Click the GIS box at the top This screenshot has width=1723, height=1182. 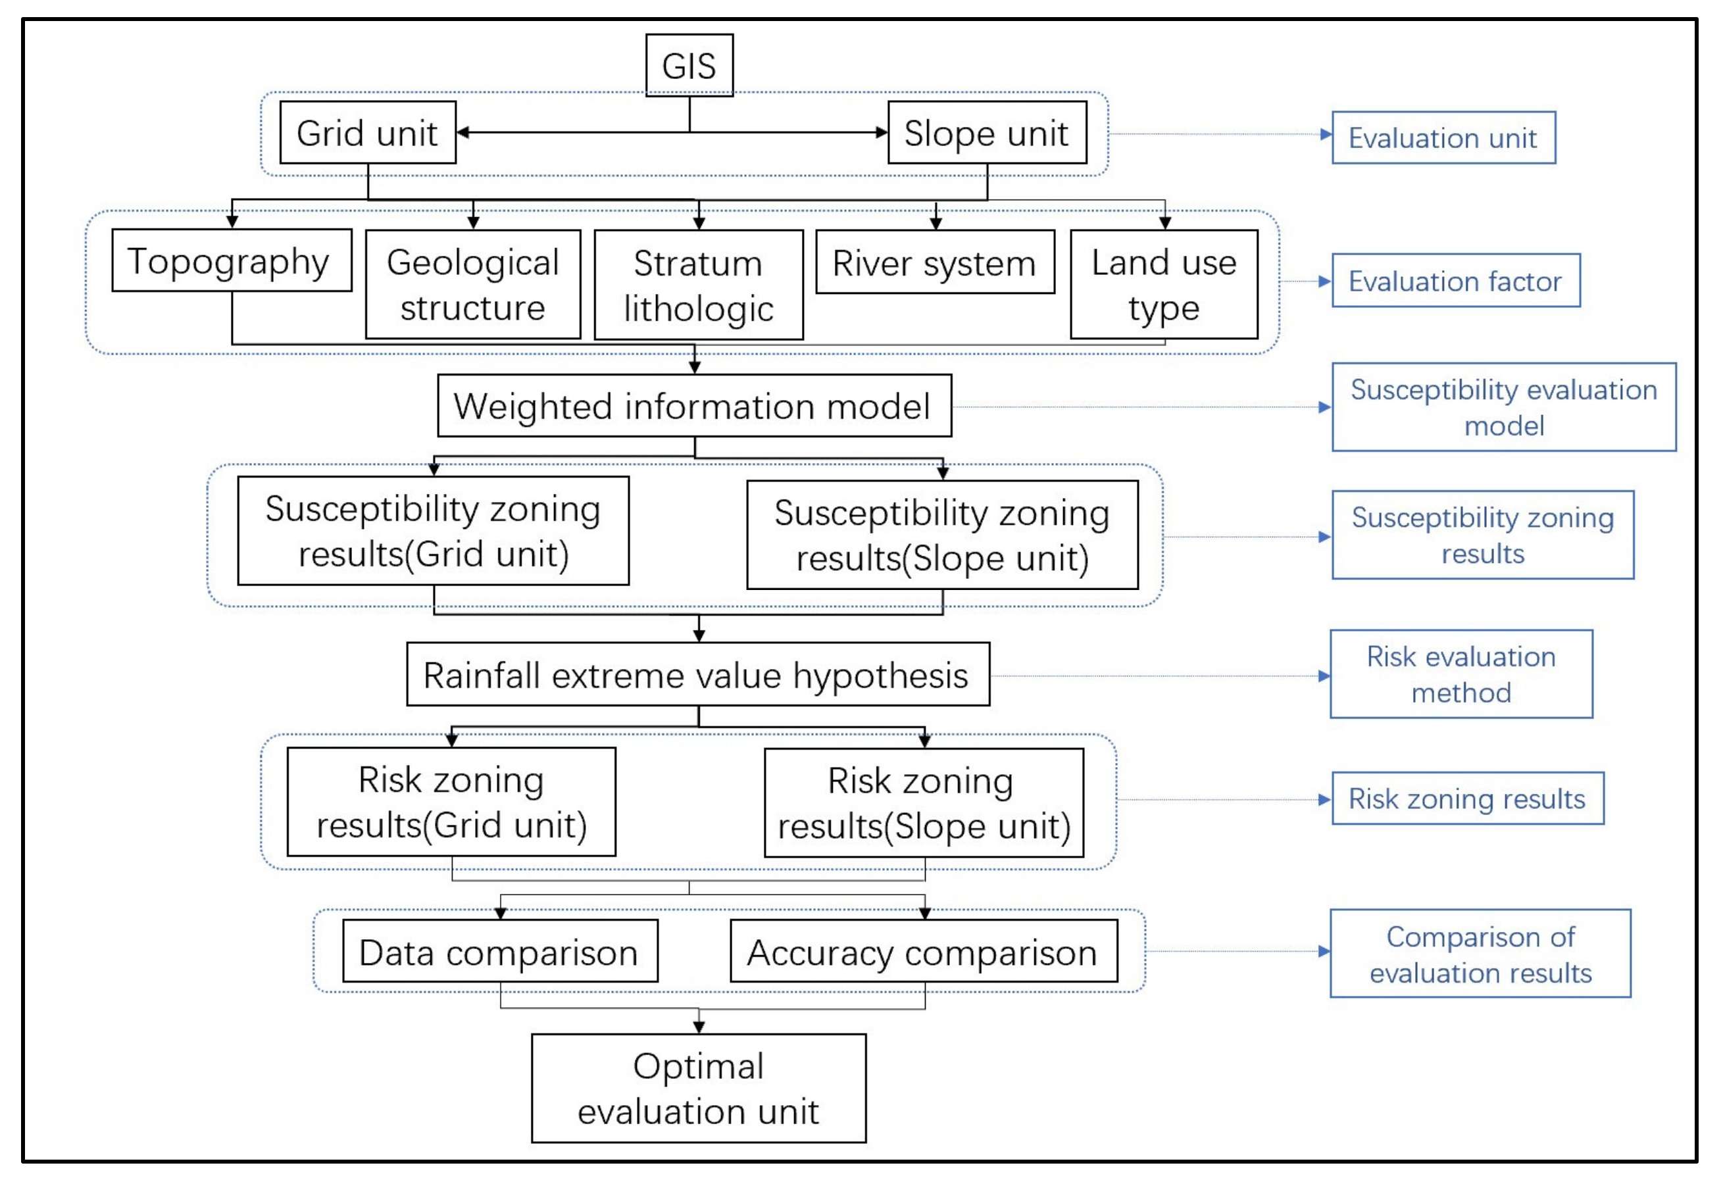click(689, 65)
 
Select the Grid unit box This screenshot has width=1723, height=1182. click(367, 133)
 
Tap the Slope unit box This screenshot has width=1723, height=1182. click(987, 133)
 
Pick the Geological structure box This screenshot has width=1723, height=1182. click(472, 285)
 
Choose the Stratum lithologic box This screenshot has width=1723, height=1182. click(699, 285)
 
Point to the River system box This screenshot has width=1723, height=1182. click(934, 262)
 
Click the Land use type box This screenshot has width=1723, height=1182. click(1163, 285)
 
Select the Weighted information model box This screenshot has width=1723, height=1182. click(694, 405)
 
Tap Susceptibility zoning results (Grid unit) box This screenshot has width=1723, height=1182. click(433, 531)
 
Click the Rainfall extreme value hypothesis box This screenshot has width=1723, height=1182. click(697, 674)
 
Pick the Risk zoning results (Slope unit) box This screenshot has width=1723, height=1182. click(924, 802)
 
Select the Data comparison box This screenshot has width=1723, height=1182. click(500, 952)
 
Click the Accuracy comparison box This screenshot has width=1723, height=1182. click(923, 952)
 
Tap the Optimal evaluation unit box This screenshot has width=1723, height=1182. click(699, 1088)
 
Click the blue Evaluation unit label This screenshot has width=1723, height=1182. click(1443, 138)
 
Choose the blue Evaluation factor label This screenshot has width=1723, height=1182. click(1455, 281)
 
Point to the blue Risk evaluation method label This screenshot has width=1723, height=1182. click(1461, 674)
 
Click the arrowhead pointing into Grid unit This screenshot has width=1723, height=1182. click(463, 133)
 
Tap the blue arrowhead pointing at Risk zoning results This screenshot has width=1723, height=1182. click(1324, 800)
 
